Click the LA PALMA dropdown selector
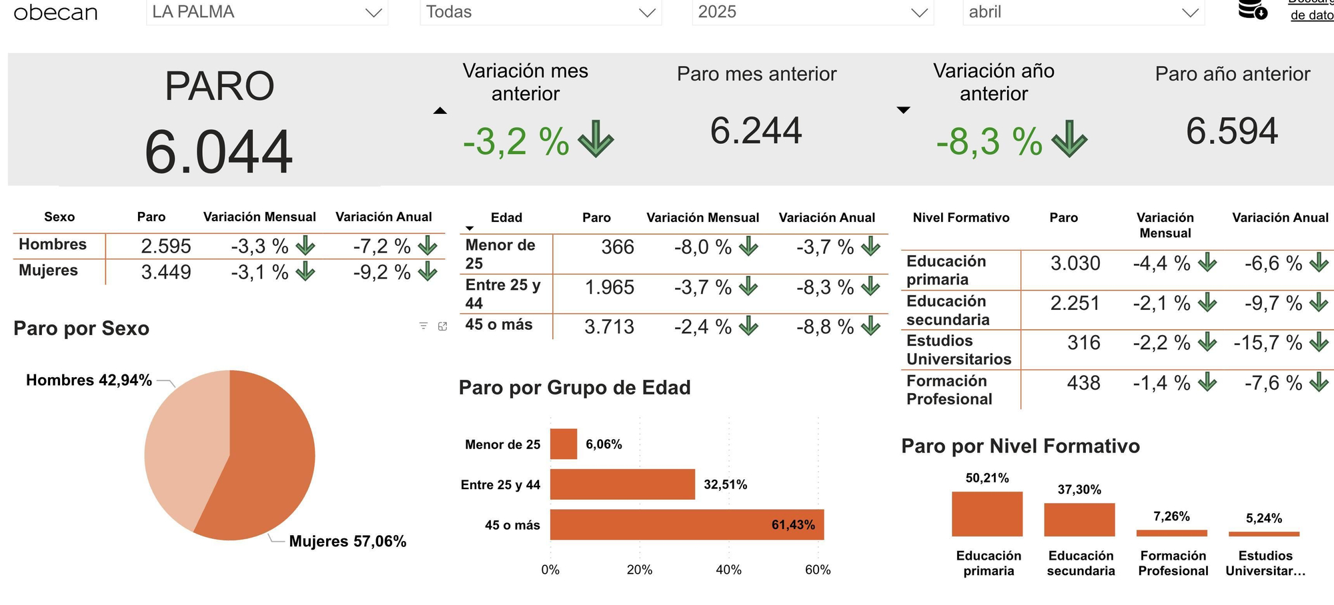(267, 12)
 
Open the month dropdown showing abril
(1083, 12)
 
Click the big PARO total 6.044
(218, 153)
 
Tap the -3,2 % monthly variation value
(516, 141)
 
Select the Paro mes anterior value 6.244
(756, 131)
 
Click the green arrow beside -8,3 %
(1069, 139)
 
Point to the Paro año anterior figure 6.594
(1231, 131)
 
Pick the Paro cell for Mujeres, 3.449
(165, 272)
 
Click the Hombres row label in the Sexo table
(53, 245)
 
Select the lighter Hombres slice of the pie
(183, 446)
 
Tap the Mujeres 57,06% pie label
(348, 541)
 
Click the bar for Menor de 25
(564, 444)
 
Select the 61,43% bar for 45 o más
(686, 524)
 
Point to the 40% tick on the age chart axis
(728, 570)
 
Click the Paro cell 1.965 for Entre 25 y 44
(609, 287)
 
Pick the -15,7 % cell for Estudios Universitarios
(1267, 342)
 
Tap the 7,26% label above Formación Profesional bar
(1171, 516)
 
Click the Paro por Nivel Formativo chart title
(1020, 446)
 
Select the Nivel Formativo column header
(960, 218)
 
